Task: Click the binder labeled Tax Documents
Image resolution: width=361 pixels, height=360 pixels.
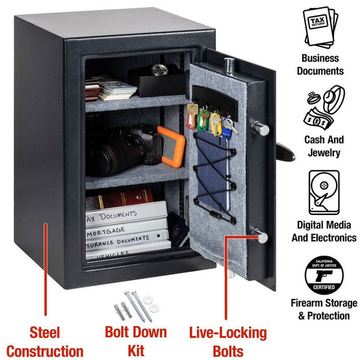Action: pyautogui.click(x=125, y=216)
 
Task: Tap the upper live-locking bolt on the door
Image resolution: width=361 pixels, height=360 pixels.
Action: pyautogui.click(x=260, y=129)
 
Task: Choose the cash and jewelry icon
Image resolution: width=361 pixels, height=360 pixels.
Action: pyautogui.click(x=324, y=108)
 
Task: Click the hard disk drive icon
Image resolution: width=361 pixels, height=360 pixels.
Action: pyautogui.click(x=324, y=193)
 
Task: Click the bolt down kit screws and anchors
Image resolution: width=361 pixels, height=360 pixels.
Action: pyautogui.click(x=135, y=304)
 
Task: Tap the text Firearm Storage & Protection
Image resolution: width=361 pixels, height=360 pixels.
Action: pyautogui.click(x=324, y=309)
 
